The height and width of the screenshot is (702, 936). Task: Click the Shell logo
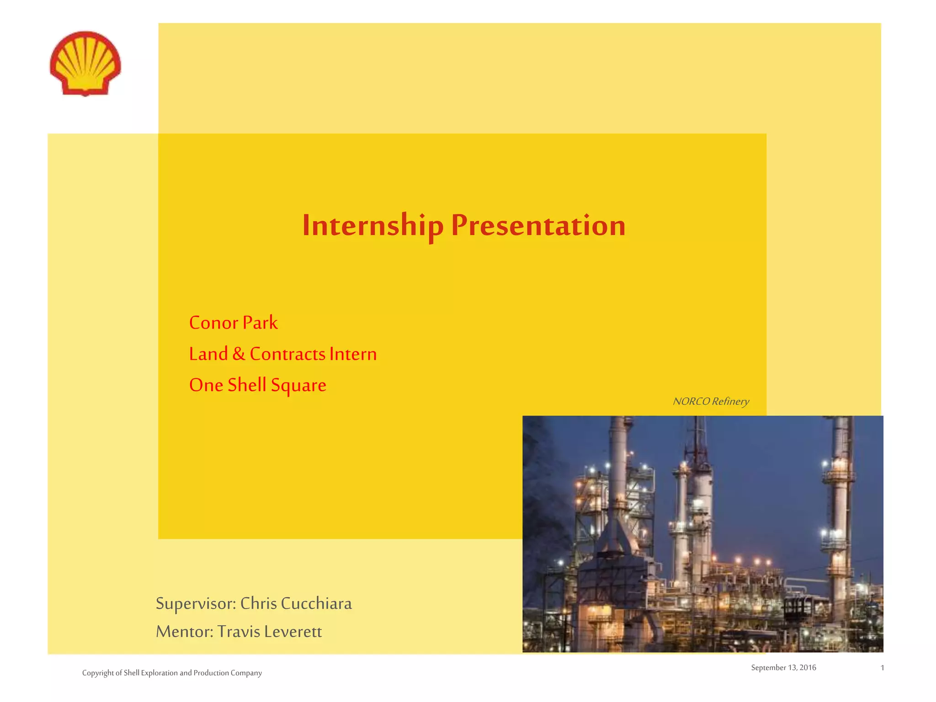(85, 63)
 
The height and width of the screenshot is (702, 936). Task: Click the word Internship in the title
(372, 225)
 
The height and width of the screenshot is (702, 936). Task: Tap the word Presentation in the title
(538, 225)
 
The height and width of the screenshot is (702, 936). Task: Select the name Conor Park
(233, 323)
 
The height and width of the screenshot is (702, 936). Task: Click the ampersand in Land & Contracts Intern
(239, 354)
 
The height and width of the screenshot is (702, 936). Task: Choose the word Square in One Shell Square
(298, 385)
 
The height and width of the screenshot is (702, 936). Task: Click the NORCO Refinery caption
(711, 401)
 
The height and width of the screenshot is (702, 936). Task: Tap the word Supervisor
(196, 604)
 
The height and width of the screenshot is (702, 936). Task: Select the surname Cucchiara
(316, 604)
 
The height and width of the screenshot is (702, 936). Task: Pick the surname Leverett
(293, 632)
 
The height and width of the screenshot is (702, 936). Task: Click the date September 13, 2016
(783, 668)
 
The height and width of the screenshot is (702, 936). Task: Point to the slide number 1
(882, 668)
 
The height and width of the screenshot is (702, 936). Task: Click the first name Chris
(259, 604)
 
